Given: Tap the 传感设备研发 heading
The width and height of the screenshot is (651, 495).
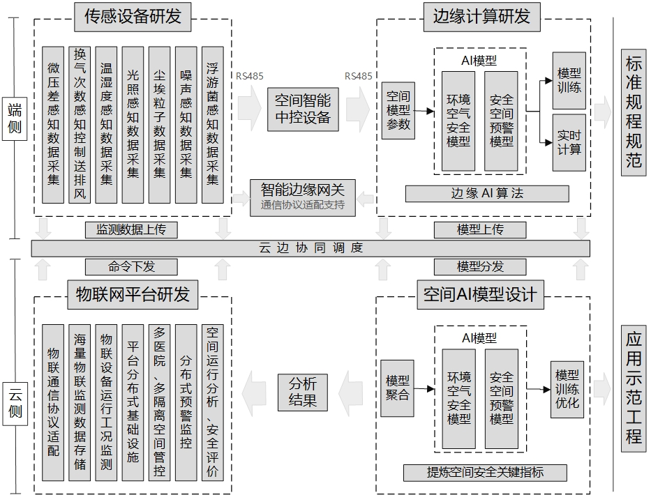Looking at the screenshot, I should point(133,17).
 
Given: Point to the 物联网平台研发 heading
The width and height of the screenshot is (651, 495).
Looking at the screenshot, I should point(133,294).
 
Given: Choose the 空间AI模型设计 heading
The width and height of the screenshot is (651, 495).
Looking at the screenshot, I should point(481,294).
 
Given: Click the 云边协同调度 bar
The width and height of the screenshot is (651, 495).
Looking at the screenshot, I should point(310,248).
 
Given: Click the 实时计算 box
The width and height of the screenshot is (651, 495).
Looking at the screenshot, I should point(569,142).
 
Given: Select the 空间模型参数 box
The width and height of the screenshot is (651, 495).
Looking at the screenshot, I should point(398,110).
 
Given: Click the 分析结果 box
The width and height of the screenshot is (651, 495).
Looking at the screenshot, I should point(302,391).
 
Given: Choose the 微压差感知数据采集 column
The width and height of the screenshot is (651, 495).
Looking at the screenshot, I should point(53,125).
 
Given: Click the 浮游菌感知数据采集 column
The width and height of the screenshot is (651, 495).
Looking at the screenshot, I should point(212,125).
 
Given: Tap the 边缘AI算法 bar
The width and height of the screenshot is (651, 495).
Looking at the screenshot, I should point(487,194).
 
